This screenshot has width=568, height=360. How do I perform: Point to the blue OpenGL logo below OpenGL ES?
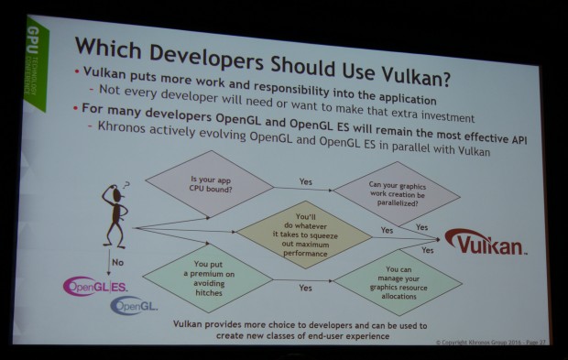coord(133,306)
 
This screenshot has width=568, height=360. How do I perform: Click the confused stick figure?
coord(113,217)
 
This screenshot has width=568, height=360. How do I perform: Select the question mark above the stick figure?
coord(126,183)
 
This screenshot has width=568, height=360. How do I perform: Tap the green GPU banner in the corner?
coord(34,60)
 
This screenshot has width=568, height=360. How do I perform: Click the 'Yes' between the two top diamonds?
coord(305,181)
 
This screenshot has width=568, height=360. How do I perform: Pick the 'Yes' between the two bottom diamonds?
coord(304,287)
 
